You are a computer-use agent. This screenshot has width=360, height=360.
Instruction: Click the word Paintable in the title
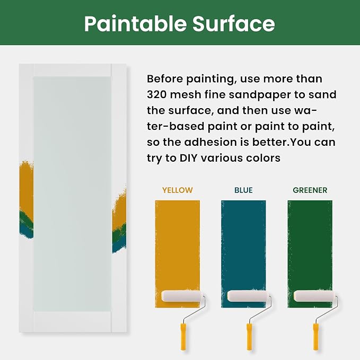(135, 24)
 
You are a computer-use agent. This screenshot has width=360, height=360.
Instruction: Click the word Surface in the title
(234, 23)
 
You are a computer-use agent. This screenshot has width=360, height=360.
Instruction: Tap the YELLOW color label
(177, 190)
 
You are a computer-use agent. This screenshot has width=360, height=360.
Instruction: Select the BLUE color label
(243, 190)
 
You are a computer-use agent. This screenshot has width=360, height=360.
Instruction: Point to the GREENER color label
(310, 190)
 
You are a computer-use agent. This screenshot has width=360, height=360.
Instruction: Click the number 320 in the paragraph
(157, 94)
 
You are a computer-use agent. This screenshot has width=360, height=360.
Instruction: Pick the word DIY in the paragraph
(188, 158)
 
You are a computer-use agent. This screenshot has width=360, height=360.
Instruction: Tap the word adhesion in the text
(210, 142)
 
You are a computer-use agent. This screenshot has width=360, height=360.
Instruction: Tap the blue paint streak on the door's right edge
(119, 245)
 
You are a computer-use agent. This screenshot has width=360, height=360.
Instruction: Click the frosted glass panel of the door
(72, 194)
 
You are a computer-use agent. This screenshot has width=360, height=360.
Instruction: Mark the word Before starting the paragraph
(164, 79)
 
